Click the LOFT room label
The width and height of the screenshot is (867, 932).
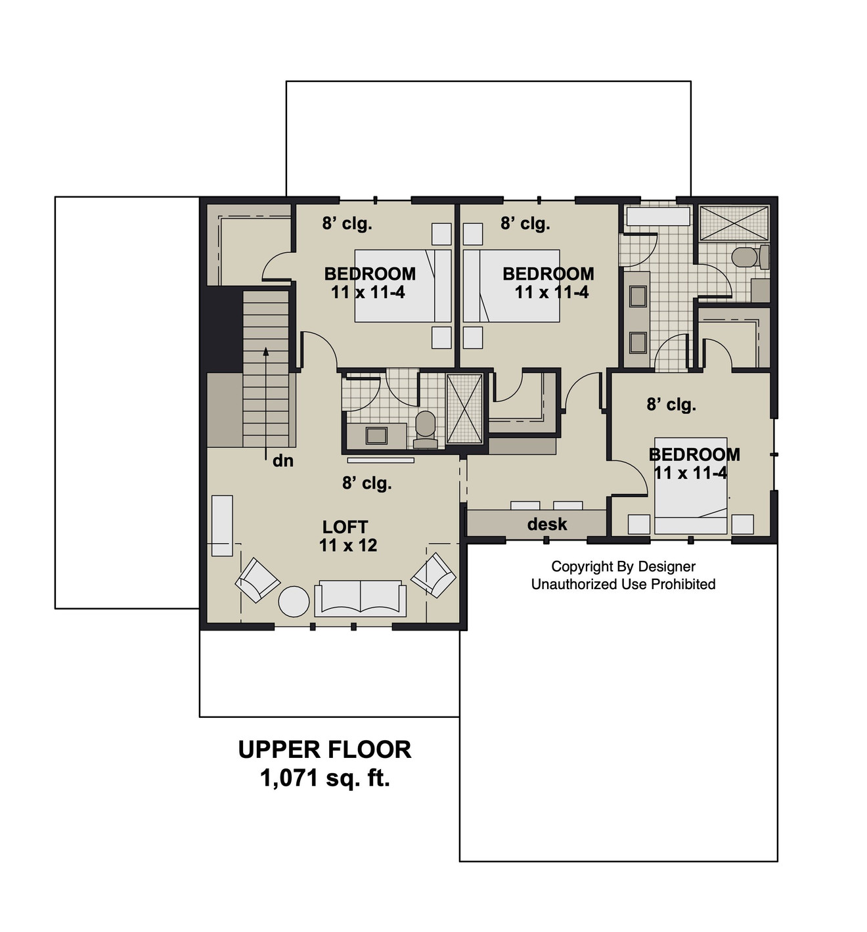[345, 527]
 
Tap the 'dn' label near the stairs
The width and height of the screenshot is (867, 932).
[282, 461]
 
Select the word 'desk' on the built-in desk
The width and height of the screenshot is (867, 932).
[546, 524]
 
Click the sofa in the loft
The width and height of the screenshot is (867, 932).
[360, 598]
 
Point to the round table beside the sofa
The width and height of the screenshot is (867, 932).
[294, 601]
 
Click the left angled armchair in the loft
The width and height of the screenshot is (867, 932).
[257, 580]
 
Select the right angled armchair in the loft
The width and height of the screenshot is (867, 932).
[433, 575]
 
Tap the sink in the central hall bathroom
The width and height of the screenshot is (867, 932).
[376, 435]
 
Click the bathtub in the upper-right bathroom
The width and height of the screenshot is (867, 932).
[656, 217]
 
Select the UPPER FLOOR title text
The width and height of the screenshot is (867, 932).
[324, 749]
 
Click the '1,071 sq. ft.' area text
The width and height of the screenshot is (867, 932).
[324, 778]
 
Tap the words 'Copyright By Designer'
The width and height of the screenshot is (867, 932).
[623, 566]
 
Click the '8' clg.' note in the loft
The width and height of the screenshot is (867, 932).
[367, 483]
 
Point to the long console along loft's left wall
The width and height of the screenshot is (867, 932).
[222, 525]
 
